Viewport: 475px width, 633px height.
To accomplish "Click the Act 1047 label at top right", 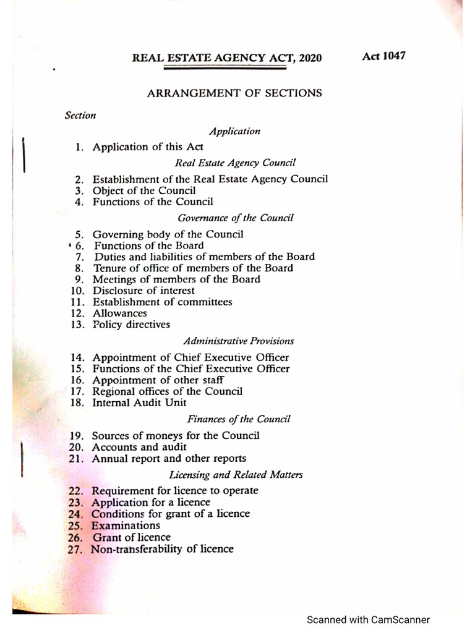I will tap(383, 56).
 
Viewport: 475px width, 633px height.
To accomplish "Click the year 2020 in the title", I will tap(309, 58).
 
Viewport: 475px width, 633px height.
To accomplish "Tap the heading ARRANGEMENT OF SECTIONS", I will tap(234, 93).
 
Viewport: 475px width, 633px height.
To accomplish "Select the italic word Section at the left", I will tap(80, 116).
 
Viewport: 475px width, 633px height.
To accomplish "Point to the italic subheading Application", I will tap(234, 131).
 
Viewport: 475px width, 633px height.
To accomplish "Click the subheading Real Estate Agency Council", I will tap(236, 163).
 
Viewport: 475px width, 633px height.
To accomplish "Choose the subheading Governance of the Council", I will tap(235, 218).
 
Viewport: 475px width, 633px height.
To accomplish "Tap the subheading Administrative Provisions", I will tap(238, 341).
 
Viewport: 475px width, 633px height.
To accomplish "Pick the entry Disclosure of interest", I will tap(143, 291).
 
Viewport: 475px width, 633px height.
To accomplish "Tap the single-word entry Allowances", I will tap(120, 313).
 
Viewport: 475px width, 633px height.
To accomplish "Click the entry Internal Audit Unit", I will tap(140, 402).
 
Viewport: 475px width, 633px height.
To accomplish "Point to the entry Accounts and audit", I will tap(139, 447).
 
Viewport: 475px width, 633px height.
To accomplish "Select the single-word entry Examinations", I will tap(126, 525).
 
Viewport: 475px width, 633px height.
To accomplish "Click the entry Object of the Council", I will tap(144, 190).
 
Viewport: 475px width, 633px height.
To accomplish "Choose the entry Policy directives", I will tap(131, 325).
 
